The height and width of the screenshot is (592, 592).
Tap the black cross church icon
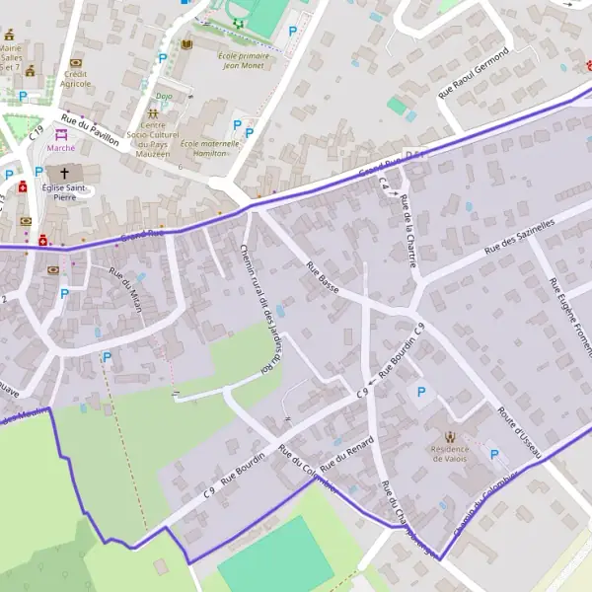click(x=65, y=173)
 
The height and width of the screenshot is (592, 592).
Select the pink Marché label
click(x=61, y=148)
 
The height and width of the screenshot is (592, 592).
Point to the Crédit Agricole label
click(x=76, y=79)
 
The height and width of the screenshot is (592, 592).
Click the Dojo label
click(x=164, y=97)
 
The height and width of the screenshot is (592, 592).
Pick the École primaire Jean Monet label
click(x=244, y=61)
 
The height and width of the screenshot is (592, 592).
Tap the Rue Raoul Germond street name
click(x=474, y=72)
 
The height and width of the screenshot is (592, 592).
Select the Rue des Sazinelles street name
click(x=520, y=240)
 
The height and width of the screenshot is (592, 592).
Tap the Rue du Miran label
click(x=125, y=290)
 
